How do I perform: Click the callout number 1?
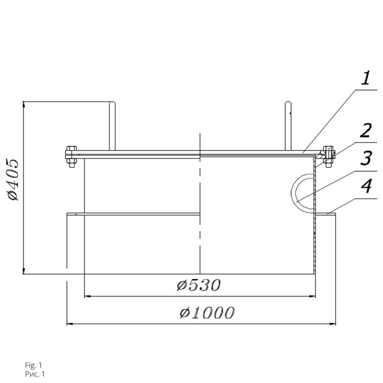(x=366, y=78)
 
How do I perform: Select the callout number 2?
(x=366, y=130)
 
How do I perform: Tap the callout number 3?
(x=366, y=158)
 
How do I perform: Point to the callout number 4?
(x=366, y=186)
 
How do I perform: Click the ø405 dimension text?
(x=13, y=180)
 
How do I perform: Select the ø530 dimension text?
(x=199, y=285)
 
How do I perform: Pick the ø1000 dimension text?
(x=207, y=312)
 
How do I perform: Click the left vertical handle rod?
(x=112, y=126)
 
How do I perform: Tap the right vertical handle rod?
(x=288, y=126)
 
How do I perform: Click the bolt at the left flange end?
(x=71, y=156)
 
